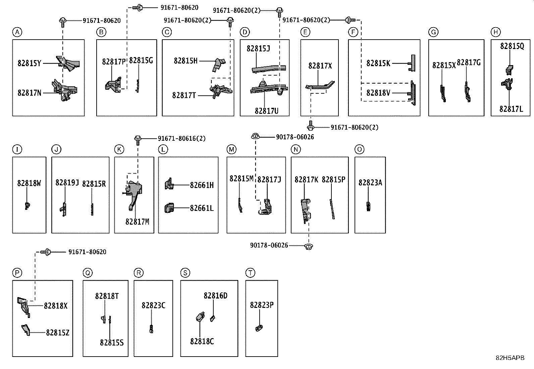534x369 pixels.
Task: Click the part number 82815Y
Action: (29, 63)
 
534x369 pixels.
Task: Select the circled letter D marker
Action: (245, 32)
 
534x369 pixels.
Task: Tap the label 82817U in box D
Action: (267, 111)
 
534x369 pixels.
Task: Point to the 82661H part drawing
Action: (169, 184)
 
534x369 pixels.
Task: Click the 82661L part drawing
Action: (169, 208)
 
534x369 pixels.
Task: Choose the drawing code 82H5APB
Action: (510, 358)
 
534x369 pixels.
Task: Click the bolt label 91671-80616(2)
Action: (182, 138)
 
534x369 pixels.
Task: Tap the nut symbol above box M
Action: (255, 136)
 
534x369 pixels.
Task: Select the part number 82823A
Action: (370, 183)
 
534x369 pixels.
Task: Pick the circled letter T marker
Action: (250, 273)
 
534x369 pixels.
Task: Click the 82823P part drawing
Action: (259, 328)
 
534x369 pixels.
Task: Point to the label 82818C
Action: (202, 341)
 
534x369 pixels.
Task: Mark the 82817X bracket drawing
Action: (320, 86)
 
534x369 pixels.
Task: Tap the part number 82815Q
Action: (512, 46)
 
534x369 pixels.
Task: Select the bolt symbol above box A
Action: (63, 22)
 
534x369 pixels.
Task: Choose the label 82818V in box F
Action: (378, 93)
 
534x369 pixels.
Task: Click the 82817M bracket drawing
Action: (133, 194)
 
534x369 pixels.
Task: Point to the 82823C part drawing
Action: (151, 329)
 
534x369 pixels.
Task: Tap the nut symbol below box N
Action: (309, 246)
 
